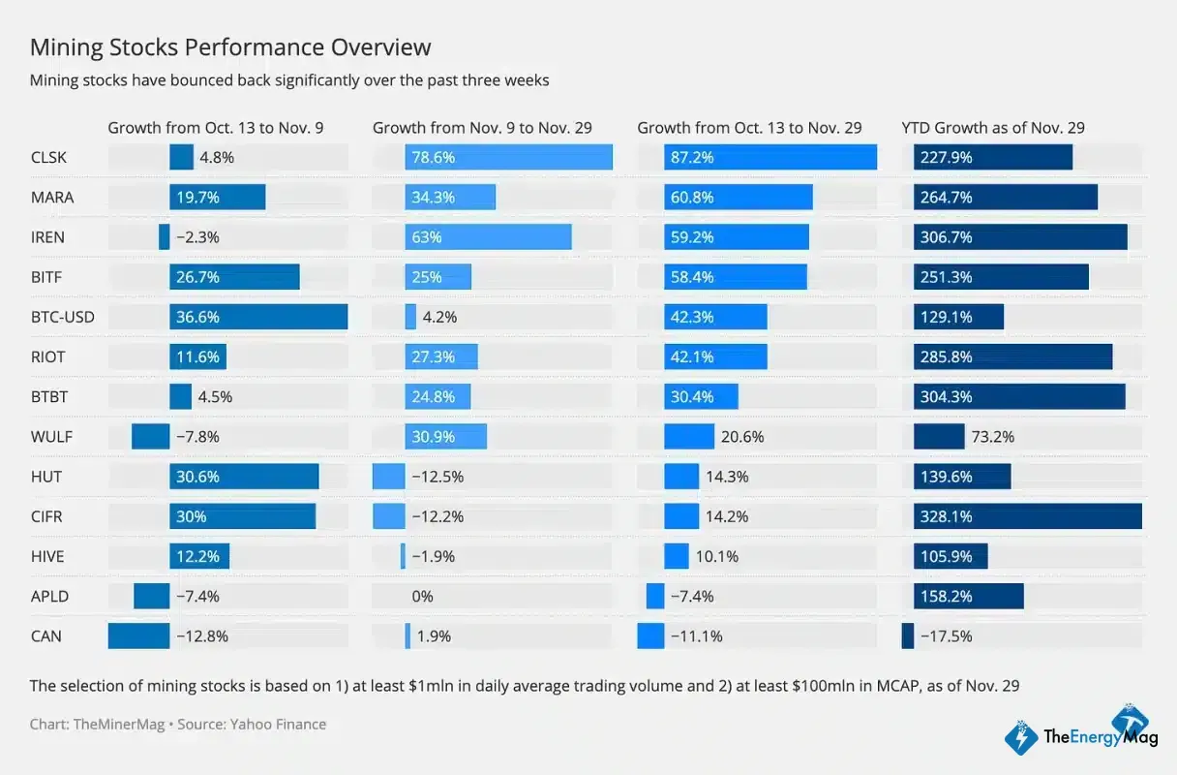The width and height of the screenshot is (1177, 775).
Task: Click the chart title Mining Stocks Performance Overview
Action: point(230,47)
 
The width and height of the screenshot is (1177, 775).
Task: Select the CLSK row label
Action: point(48,157)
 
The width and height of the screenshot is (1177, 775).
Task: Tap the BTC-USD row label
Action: point(62,317)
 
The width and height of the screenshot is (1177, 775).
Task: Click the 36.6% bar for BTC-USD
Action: point(258,317)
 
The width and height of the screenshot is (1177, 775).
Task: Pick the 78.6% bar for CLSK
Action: point(508,157)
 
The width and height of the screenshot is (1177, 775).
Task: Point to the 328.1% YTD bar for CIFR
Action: point(1027,516)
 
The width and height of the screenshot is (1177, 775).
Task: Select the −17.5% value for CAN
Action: point(947,636)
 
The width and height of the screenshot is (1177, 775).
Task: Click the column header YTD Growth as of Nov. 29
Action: point(993,128)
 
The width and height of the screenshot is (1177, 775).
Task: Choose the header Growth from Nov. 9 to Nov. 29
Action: point(482,128)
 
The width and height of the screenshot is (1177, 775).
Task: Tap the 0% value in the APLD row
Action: point(422,597)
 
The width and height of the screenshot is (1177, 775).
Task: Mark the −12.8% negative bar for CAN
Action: point(138,636)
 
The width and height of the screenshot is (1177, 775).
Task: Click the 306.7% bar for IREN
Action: point(1020,237)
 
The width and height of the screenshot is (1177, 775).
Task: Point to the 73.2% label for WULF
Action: point(992,437)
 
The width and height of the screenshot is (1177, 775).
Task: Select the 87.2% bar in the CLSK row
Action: point(770,157)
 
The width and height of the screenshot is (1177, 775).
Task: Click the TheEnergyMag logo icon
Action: point(1022,737)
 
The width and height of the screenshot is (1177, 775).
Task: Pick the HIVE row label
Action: point(46,556)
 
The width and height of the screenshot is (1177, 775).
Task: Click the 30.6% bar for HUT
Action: point(244,477)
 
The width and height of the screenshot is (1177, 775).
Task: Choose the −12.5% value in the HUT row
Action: point(437,477)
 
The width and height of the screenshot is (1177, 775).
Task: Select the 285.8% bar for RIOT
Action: point(1012,356)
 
